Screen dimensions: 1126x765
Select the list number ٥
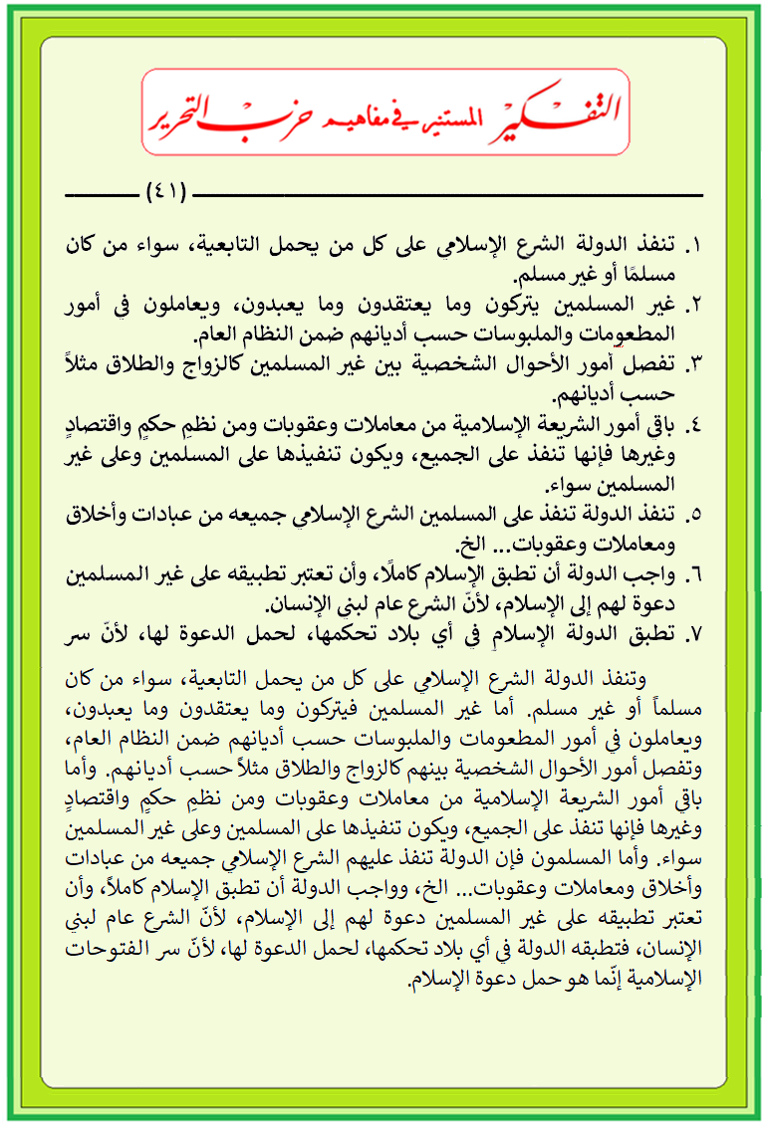coord(695,516)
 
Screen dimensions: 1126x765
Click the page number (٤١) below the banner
coord(166,189)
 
